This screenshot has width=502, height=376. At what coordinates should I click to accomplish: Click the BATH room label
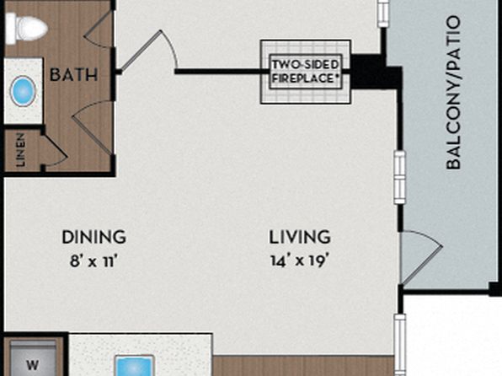[73, 75]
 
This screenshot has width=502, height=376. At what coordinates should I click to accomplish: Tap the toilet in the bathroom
[26, 28]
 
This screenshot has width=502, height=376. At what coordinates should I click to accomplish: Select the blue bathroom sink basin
[23, 91]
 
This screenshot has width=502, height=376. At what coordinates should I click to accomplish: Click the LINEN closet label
[20, 150]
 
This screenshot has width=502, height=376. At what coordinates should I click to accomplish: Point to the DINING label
[93, 237]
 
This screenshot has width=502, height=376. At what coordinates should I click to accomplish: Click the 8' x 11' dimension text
[93, 261]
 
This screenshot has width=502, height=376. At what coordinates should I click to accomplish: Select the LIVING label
[299, 237]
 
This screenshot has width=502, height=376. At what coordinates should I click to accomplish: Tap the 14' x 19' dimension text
[299, 261]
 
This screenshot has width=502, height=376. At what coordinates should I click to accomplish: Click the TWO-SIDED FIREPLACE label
[306, 72]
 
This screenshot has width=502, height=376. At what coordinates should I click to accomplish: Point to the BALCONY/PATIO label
[453, 93]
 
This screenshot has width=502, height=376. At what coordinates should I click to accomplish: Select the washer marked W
[33, 358]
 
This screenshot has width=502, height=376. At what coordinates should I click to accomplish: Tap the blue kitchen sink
[135, 366]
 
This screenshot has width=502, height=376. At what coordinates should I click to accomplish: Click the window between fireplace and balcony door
[399, 177]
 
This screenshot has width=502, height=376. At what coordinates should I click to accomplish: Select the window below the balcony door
[400, 345]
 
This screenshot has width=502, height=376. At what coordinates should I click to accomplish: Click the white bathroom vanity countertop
[23, 91]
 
